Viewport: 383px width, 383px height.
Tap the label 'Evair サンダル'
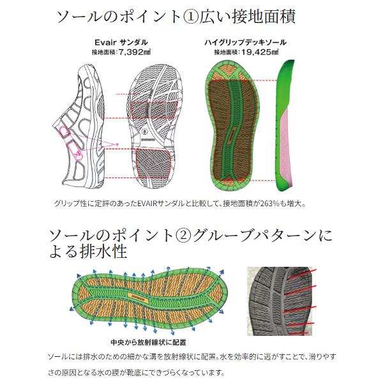tap(121, 42)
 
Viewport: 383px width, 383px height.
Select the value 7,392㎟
tap(134, 52)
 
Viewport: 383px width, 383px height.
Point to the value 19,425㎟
tap(259, 52)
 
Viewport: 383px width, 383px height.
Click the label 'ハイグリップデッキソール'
tap(245, 42)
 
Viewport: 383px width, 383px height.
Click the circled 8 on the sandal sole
tap(146, 131)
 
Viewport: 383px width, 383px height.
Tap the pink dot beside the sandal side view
tap(117, 145)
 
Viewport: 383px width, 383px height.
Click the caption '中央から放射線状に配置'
tap(148, 342)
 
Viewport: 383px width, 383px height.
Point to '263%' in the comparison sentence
tap(269, 204)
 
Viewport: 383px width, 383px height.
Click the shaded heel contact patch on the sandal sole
tap(153, 163)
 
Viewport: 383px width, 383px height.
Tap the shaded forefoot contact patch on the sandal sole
tap(154, 110)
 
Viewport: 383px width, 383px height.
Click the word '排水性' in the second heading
tap(103, 252)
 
